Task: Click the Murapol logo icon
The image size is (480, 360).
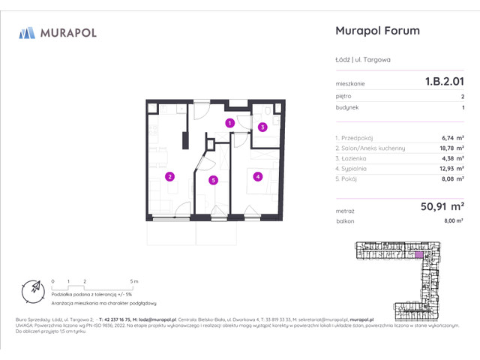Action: tap(27, 32)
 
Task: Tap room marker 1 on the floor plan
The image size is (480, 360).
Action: tap(230, 122)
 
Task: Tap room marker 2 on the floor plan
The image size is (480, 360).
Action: tap(170, 177)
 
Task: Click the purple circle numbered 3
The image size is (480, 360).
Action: tap(262, 127)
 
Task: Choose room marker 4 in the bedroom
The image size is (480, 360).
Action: tap(257, 177)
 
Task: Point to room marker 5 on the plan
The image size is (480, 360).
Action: tap(214, 180)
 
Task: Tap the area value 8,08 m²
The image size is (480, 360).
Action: tap(452, 179)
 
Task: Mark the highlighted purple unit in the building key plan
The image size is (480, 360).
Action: tap(418, 255)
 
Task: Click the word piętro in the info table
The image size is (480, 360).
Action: tap(343, 97)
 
